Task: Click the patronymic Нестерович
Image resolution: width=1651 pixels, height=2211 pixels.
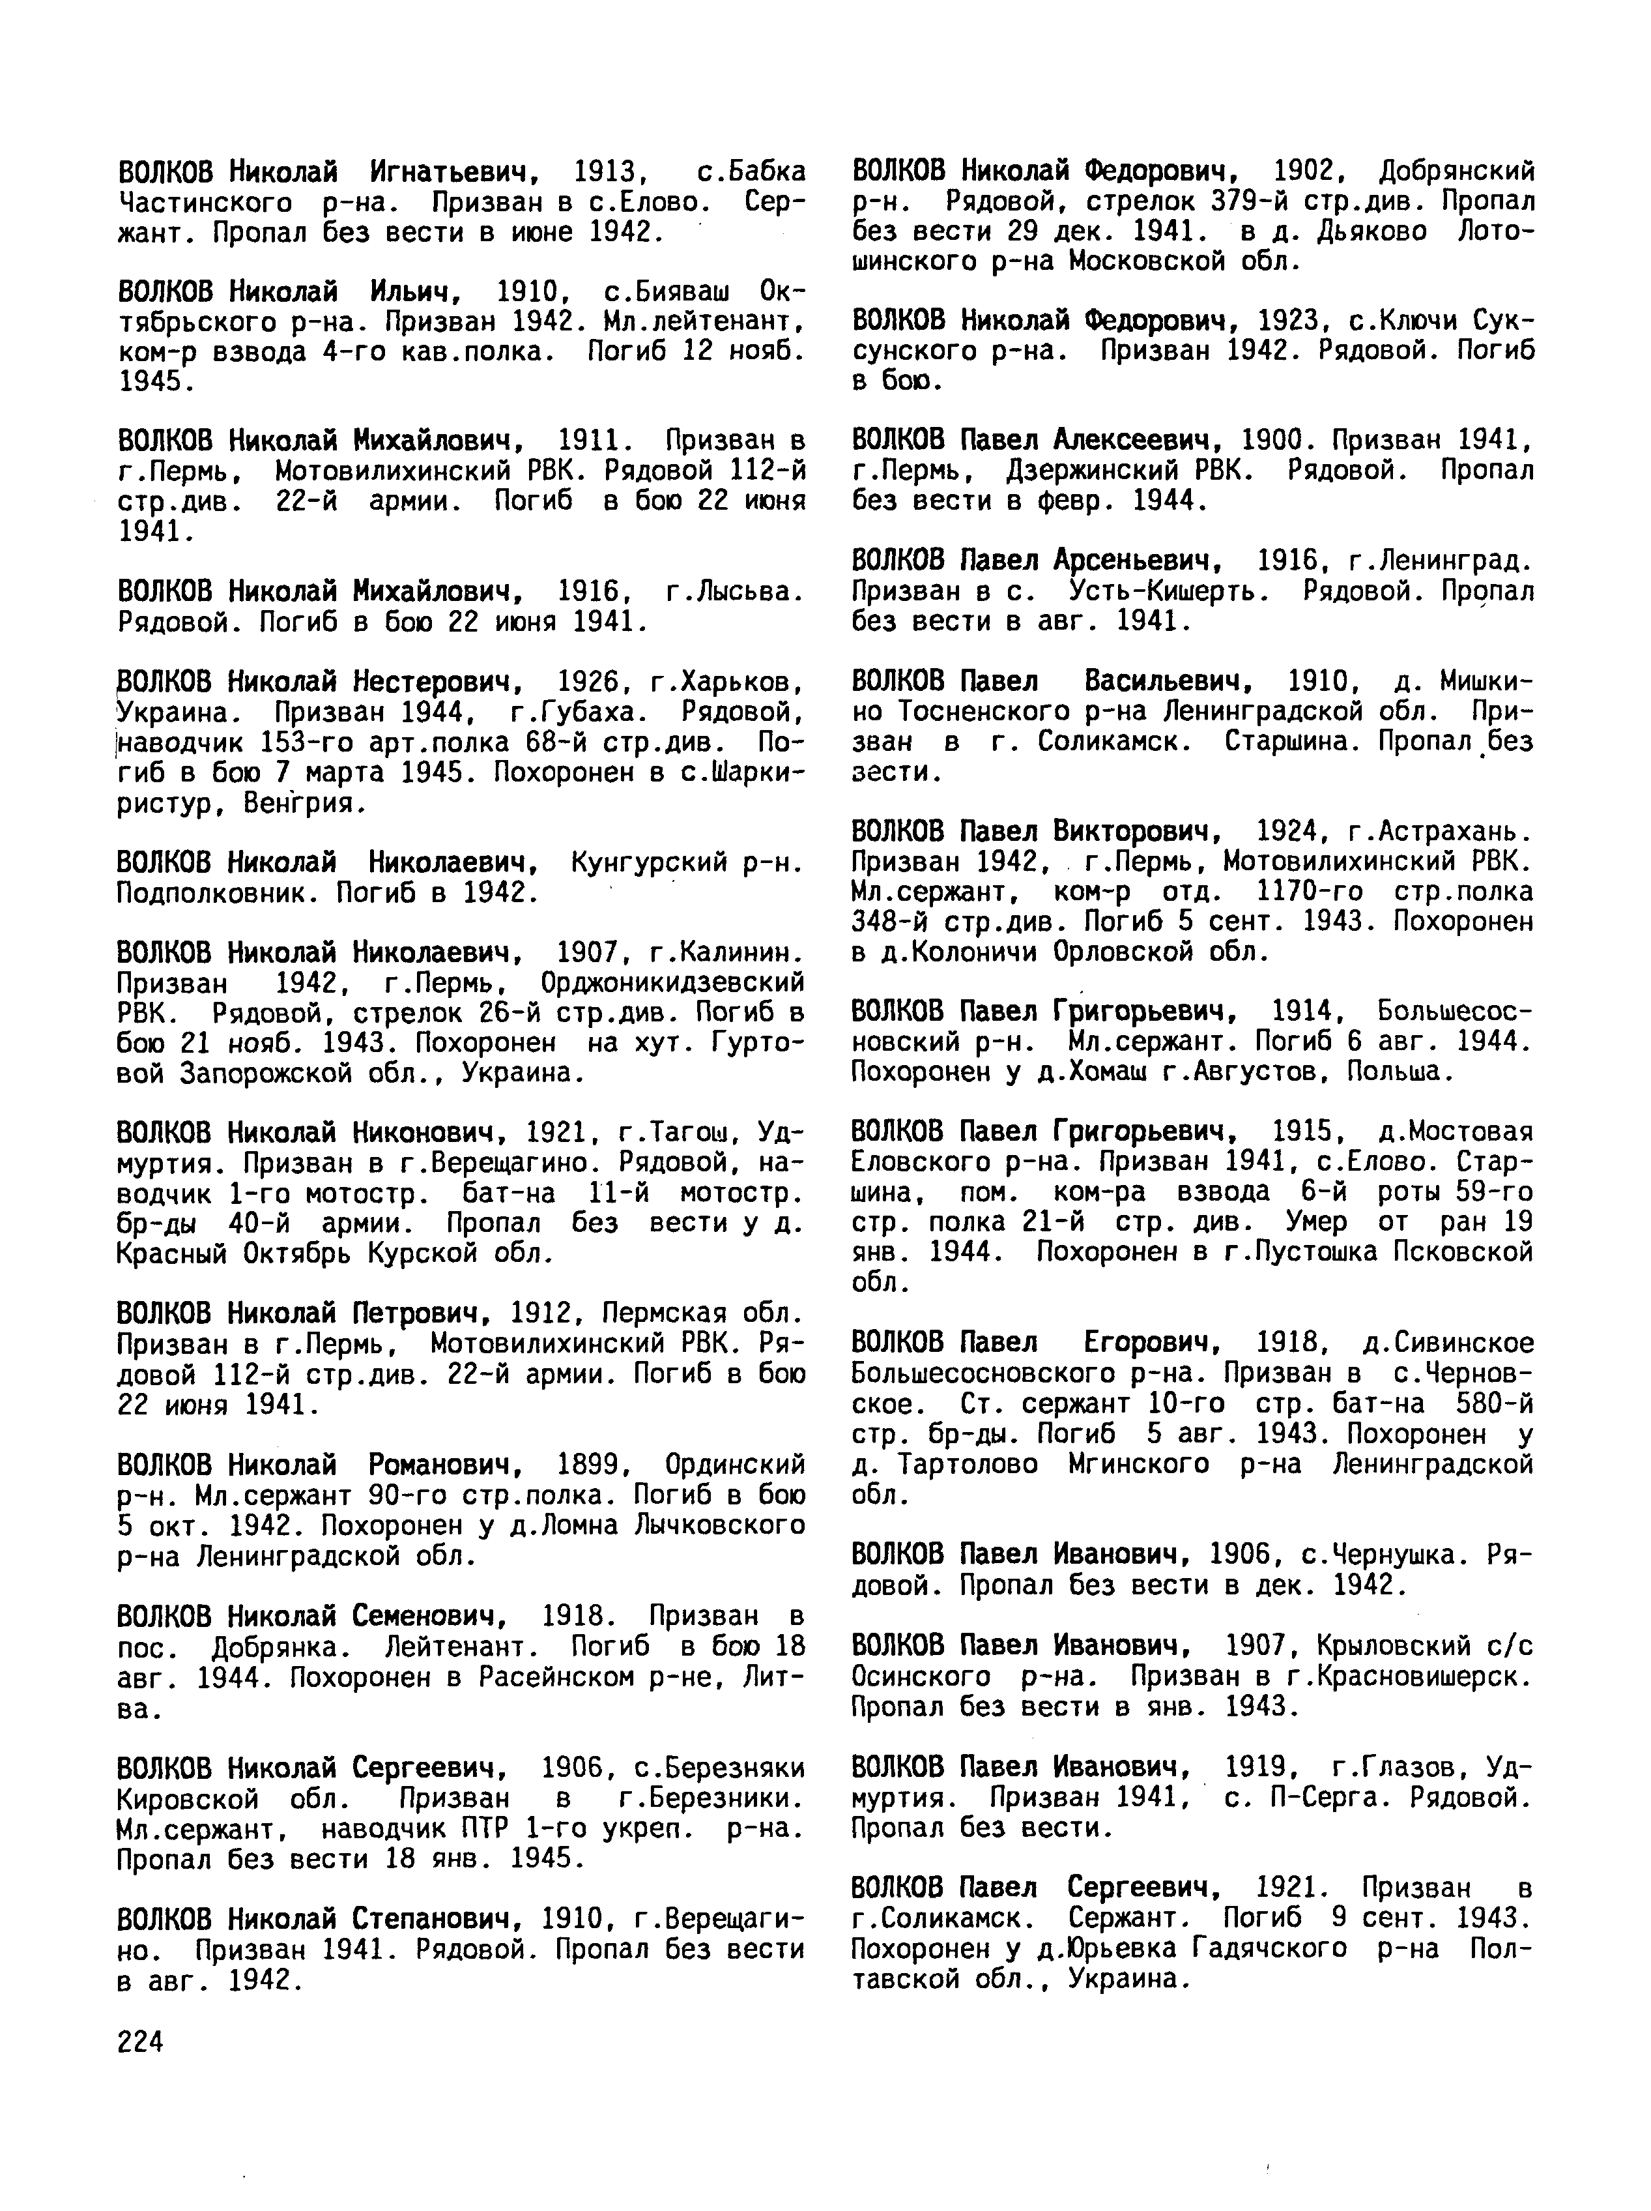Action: (x=437, y=682)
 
